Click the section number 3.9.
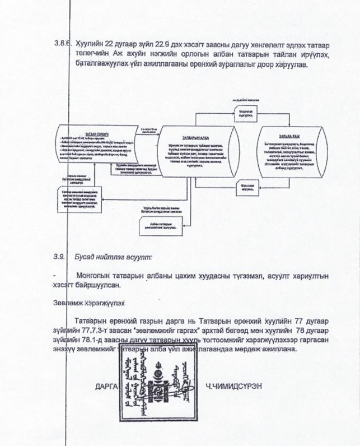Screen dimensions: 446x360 pos(58,257)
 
